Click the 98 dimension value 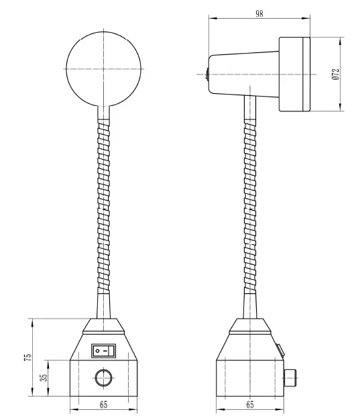259,13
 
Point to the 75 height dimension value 27,358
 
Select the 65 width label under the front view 104,404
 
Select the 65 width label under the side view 249,404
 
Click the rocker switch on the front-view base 104,350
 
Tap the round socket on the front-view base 104,378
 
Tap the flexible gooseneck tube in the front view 103,208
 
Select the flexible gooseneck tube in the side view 249,208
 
